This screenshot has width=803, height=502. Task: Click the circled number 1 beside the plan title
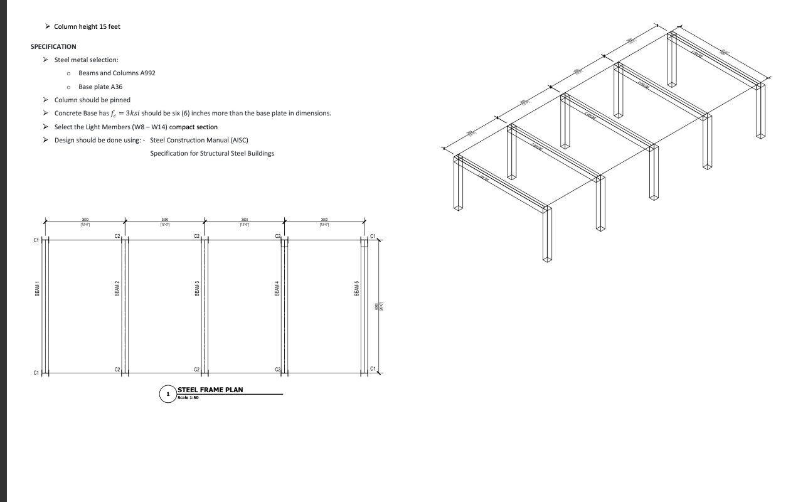(x=168, y=394)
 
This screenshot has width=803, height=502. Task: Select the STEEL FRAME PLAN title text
(x=210, y=390)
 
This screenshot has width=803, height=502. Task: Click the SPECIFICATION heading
(x=53, y=46)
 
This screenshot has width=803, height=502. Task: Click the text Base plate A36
(x=100, y=87)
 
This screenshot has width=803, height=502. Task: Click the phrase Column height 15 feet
(x=87, y=26)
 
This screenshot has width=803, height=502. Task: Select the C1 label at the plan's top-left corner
(x=36, y=240)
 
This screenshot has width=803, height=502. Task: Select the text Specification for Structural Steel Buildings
(x=212, y=154)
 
